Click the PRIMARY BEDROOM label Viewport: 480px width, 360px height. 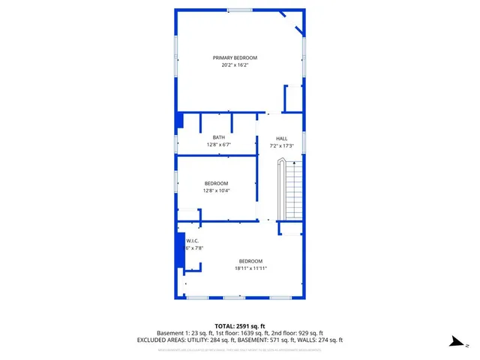click(235, 58)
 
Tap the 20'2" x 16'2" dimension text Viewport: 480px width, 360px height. click(235, 65)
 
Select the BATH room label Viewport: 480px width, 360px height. click(218, 137)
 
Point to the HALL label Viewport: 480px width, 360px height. click(281, 139)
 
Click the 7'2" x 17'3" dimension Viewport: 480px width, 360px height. click(281, 145)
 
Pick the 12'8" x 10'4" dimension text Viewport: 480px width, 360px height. click(216, 190)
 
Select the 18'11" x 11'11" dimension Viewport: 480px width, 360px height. click(250, 268)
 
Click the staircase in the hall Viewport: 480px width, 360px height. click(291, 191)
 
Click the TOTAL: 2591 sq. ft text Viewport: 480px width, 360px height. click(239, 325)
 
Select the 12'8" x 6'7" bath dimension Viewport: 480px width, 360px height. click(218, 145)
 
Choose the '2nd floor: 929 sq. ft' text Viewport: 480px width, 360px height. click(298, 333)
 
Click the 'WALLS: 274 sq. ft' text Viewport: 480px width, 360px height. click(319, 340)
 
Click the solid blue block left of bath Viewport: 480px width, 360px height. click(179, 121)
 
